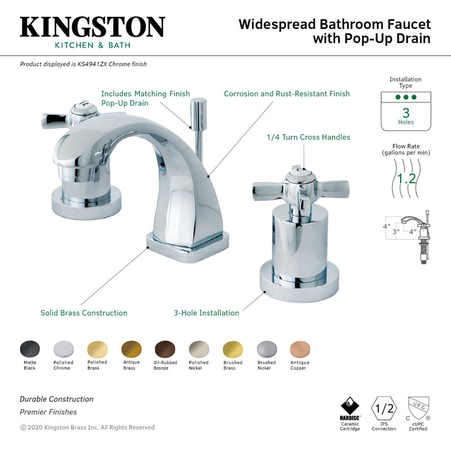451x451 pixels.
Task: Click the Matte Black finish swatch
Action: pos(29,349)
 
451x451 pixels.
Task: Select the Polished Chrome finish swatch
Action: pos(63,349)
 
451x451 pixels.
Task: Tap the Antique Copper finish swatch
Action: pos(300,349)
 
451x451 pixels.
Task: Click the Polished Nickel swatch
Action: pos(198,349)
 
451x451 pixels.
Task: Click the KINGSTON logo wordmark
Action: pos(92,27)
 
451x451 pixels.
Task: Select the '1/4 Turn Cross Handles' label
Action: pos(308,137)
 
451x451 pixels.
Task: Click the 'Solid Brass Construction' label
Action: pos(84,313)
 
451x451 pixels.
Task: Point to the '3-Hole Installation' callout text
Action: pos(206,313)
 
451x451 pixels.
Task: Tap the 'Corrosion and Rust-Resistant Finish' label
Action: pos(287,93)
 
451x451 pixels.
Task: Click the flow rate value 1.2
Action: pos(406,178)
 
